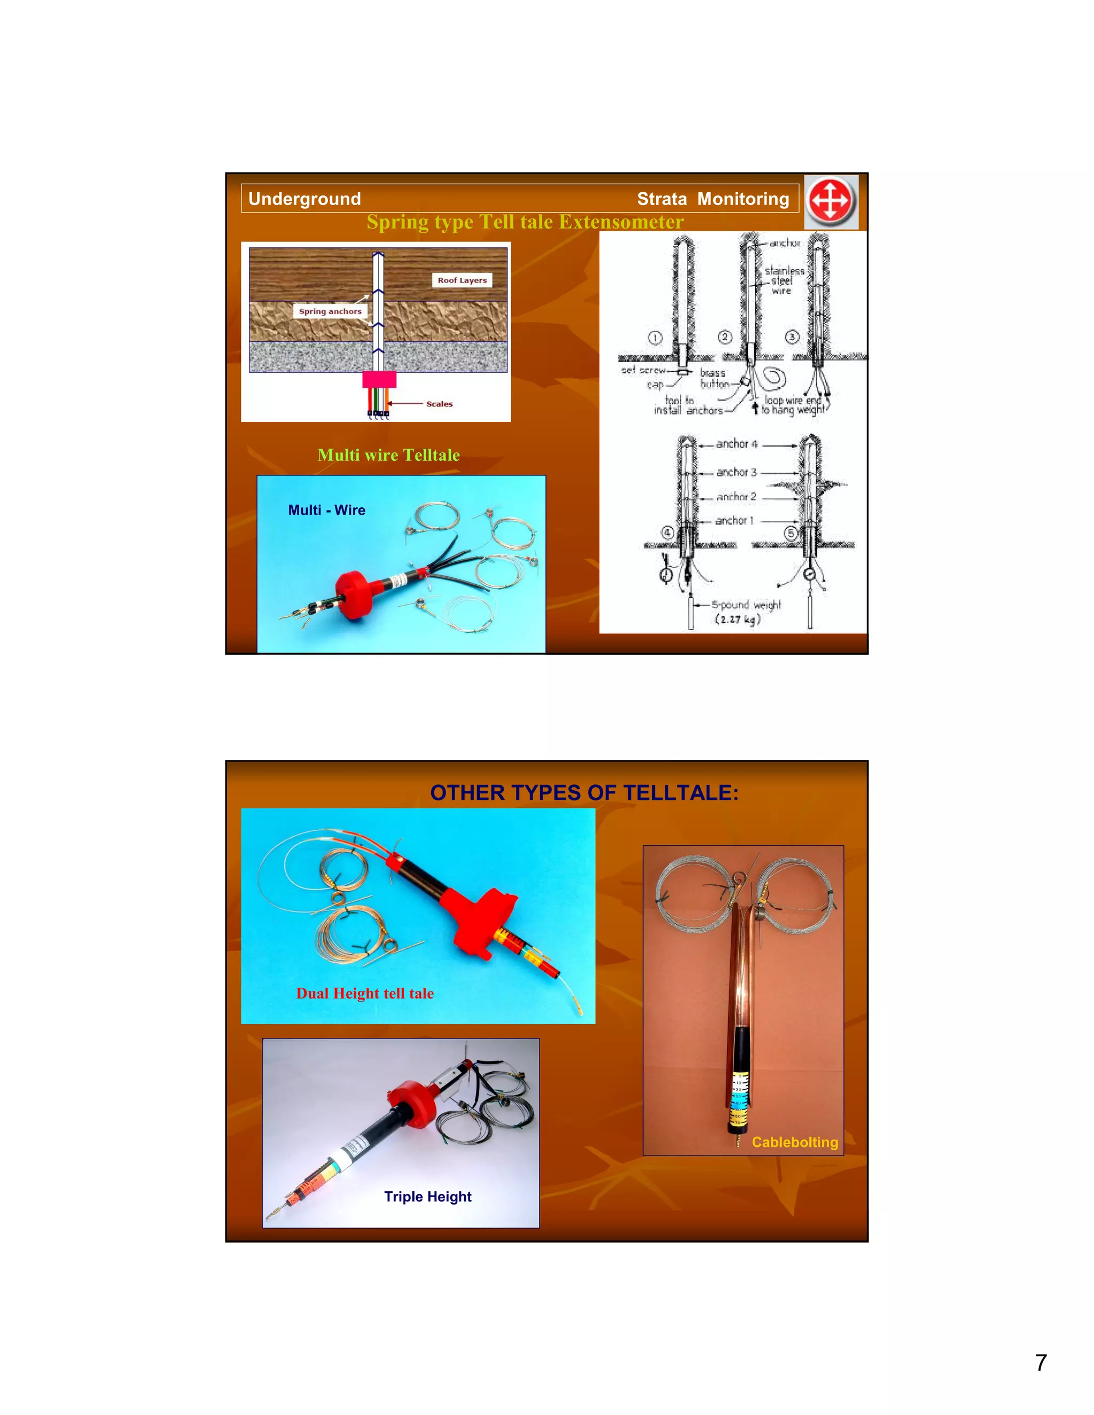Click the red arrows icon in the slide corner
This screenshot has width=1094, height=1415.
(831, 201)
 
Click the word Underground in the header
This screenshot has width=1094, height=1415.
(304, 199)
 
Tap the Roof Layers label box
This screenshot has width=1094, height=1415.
(462, 280)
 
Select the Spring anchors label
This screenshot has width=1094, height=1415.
(330, 312)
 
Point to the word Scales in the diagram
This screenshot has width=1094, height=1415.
(440, 404)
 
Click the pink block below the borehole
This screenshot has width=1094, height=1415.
(379, 379)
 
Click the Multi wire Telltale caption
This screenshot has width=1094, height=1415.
(388, 455)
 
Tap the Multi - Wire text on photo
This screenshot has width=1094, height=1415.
(326, 510)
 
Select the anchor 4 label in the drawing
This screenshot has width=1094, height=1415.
(736, 444)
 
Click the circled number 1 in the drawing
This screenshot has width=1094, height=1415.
(655, 338)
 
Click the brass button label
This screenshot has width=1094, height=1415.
(713, 379)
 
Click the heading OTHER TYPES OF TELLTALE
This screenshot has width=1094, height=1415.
(584, 792)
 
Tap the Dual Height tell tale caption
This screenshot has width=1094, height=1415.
(365, 993)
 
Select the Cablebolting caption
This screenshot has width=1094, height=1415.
(794, 1142)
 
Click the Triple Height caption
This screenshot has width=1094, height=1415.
(428, 1196)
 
